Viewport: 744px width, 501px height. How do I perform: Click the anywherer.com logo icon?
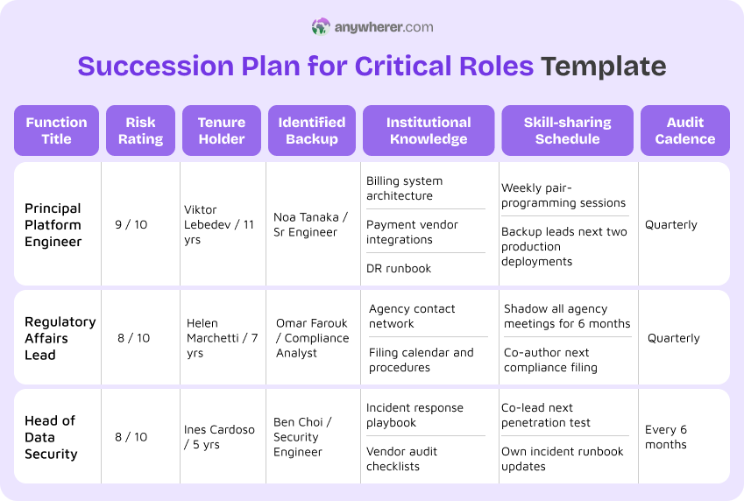pos(321,27)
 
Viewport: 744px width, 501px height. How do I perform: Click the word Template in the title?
pos(603,67)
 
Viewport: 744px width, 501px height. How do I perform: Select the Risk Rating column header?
pos(140,131)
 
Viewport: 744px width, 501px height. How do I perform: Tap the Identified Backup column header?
pos(312,131)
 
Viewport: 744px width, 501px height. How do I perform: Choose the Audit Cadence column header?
pos(684,131)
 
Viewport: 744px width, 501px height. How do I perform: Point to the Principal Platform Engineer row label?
pos(53,225)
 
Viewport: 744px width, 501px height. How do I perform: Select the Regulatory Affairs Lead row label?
pos(60,338)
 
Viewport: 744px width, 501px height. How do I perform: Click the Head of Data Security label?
pos(51,437)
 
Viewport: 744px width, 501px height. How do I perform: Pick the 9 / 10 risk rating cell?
pos(131,225)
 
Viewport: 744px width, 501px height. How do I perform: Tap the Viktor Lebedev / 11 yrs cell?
pos(219,225)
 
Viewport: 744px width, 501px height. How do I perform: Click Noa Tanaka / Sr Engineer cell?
pos(310,225)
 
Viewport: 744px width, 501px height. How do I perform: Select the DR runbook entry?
pos(399,269)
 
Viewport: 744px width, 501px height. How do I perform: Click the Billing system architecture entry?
pos(404,188)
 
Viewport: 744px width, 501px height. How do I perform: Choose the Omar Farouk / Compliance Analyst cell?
pos(312,338)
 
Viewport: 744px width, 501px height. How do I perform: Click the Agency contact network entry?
pos(412,316)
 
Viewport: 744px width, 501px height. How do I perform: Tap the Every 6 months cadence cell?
pos(666,437)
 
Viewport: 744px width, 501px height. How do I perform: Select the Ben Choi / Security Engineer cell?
pos(302,437)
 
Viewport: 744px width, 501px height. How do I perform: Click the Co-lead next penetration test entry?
pos(546,415)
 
